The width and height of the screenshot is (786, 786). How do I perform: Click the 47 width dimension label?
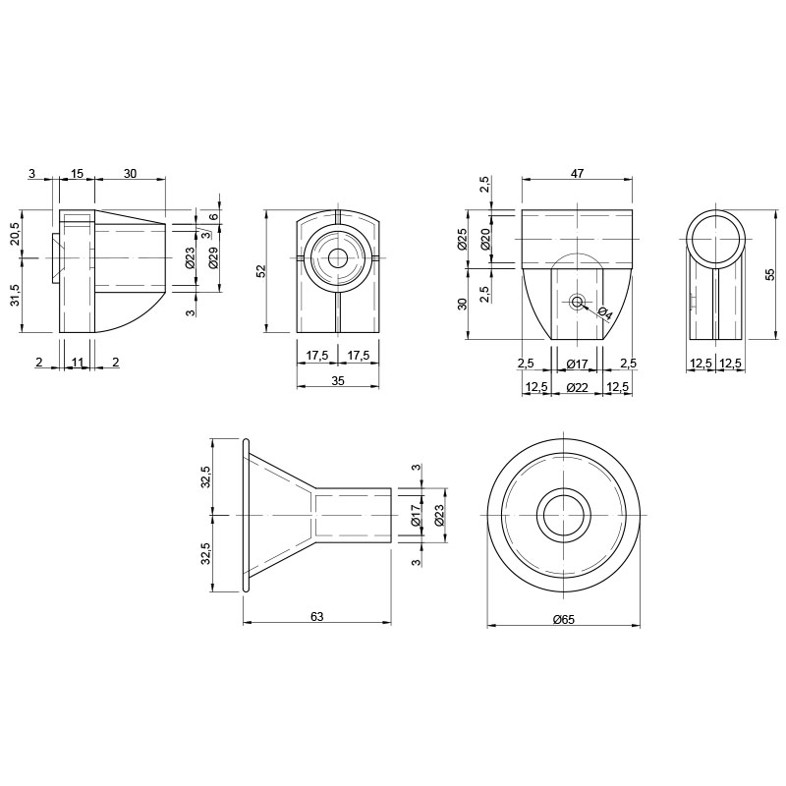pos(577,174)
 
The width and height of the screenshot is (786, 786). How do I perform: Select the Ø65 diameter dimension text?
pos(564,620)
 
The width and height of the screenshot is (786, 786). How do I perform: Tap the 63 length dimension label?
pos(316,616)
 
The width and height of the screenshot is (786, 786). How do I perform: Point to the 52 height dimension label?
pos(260,271)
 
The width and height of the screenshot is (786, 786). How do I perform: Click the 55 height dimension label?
pos(770,274)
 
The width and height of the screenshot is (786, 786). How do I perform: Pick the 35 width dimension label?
pos(338,381)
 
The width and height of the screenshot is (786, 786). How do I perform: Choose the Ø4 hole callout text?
pos(605,313)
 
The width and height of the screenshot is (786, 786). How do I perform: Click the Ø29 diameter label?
pos(213,257)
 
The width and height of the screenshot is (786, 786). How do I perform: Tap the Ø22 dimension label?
pos(577,387)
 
